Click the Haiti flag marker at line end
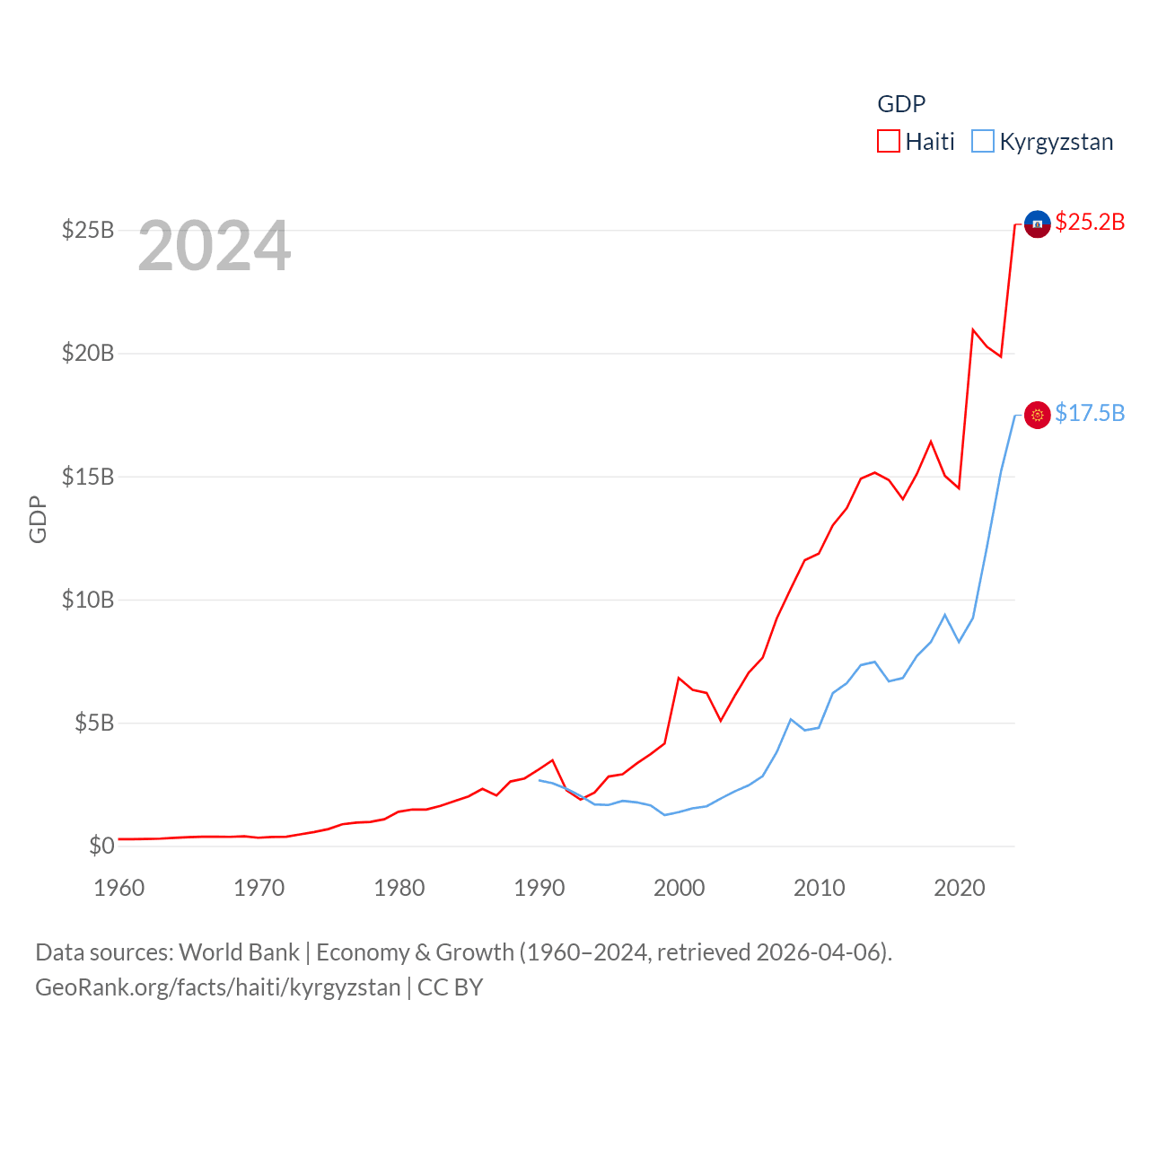[1037, 224]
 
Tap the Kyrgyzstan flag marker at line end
[1037, 415]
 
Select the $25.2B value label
[1090, 222]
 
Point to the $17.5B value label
[1090, 413]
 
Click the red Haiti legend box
[889, 142]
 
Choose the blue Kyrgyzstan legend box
[983, 142]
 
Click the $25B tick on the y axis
[88, 231]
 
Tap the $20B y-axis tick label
[88, 354]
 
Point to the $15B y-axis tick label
[88, 477]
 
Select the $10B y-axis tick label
[88, 600]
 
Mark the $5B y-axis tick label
[94, 723]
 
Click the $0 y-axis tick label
[101, 846]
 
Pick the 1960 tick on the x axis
[119, 888]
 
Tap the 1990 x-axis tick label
[539, 888]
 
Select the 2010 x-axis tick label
[820, 888]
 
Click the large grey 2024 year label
[215, 246]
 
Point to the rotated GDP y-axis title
[38, 519]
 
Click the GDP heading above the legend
[901, 104]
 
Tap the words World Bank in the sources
[239, 952]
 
